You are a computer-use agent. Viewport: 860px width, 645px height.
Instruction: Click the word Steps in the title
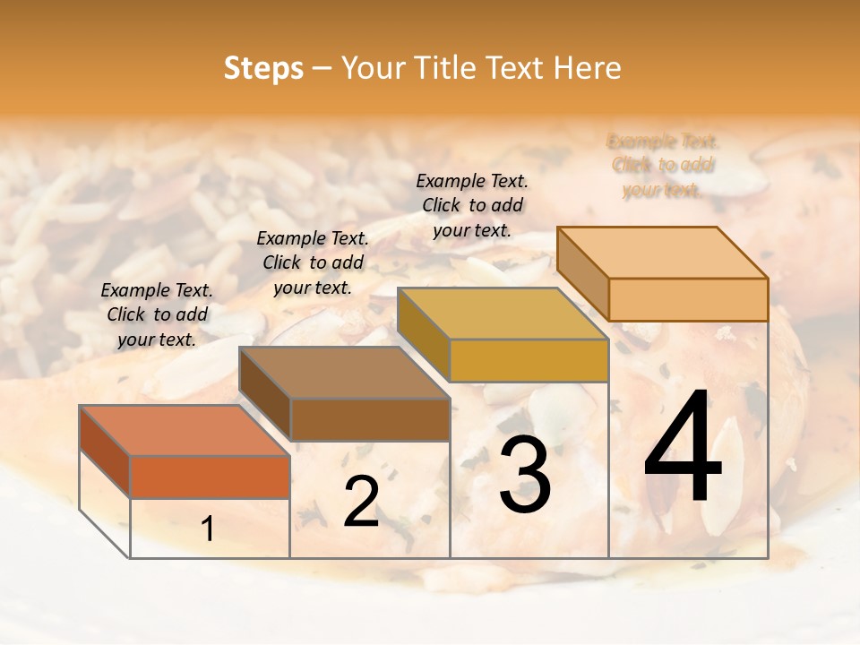click(263, 68)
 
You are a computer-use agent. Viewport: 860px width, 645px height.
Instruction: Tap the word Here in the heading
click(588, 68)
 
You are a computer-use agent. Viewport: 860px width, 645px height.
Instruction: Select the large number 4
click(683, 448)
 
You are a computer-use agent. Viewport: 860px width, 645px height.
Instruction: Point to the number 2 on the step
click(361, 503)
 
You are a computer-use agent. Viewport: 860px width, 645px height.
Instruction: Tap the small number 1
click(208, 529)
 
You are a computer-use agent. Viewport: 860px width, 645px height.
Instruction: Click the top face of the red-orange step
click(185, 430)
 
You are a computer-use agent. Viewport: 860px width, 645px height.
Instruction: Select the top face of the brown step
click(344, 372)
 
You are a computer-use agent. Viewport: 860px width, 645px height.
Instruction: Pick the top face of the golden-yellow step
click(503, 314)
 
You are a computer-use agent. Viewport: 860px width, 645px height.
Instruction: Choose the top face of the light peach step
click(662, 253)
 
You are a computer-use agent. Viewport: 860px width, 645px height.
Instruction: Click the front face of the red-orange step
click(210, 477)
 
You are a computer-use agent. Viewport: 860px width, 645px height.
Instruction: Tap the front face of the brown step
click(370, 419)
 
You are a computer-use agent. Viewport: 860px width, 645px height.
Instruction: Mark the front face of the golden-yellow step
click(529, 361)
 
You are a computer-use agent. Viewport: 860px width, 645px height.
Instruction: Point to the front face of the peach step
click(688, 299)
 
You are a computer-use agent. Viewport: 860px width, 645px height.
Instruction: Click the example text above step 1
click(157, 314)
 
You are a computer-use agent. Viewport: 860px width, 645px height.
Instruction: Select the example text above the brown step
click(313, 262)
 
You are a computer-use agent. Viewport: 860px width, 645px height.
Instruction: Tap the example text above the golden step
click(472, 205)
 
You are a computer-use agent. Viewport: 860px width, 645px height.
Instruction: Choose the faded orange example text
click(662, 166)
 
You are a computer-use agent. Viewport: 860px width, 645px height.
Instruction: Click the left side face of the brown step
click(265, 394)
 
